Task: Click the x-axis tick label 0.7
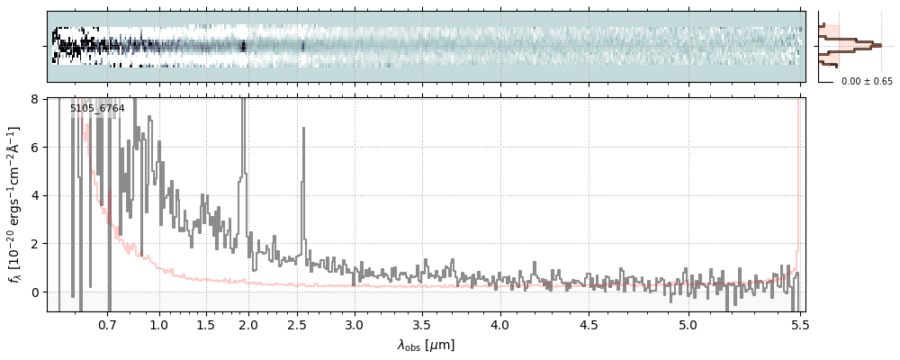tap(107, 325)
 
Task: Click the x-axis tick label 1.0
tap(159, 325)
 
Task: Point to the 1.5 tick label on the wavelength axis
tap(205, 325)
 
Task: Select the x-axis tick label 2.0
tap(248, 325)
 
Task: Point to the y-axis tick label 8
tap(37, 99)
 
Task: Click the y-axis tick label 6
tap(37, 148)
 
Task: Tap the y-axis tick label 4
tap(37, 196)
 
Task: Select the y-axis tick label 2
tap(37, 244)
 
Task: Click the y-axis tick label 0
tap(37, 292)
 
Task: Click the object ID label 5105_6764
tap(97, 109)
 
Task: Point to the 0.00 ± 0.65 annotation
tap(867, 82)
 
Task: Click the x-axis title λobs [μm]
tap(426, 345)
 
